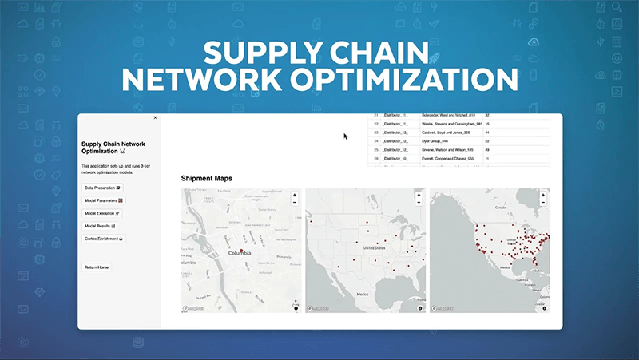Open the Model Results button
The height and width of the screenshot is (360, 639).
tap(101, 226)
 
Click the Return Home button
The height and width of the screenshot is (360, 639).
tap(97, 267)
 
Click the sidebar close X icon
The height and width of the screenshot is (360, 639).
tap(155, 117)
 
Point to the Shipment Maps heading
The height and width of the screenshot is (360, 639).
tap(207, 178)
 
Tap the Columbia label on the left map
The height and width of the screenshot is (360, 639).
tap(240, 254)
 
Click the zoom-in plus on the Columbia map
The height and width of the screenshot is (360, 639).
tap(295, 195)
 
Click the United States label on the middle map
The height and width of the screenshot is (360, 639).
tap(374, 248)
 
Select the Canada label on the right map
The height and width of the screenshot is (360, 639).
tap(501, 206)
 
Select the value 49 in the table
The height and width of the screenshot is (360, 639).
tap(488, 149)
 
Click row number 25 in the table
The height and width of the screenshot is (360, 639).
tap(375, 149)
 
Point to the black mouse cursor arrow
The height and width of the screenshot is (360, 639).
tap(345, 136)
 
